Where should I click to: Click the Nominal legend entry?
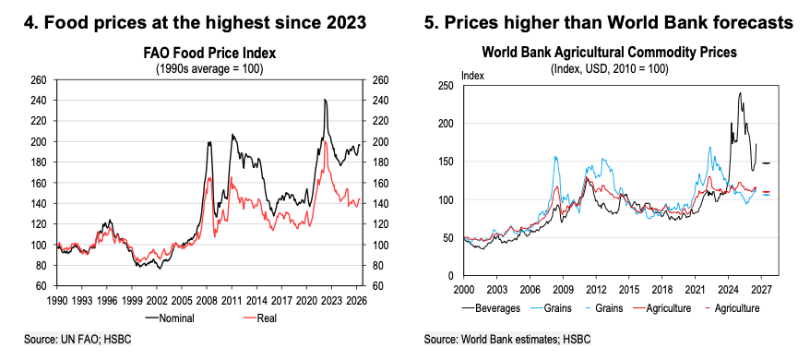coord(170,318)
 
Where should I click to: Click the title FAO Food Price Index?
coord(209,54)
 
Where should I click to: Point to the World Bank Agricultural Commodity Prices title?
coord(610,53)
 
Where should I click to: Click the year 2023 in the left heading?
coord(348,23)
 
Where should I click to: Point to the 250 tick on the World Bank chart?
coord(446,85)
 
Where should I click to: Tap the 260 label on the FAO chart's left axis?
coord(40,80)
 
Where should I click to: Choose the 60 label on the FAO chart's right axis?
coord(376,286)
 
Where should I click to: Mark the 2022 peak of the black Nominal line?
coord(325,100)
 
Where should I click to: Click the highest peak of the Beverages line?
coord(740,93)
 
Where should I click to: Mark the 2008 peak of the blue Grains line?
coord(556,157)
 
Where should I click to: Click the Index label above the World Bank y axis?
coord(472,76)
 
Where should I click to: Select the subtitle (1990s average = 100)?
coord(209,69)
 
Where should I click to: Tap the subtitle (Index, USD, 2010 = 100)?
coord(610,68)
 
